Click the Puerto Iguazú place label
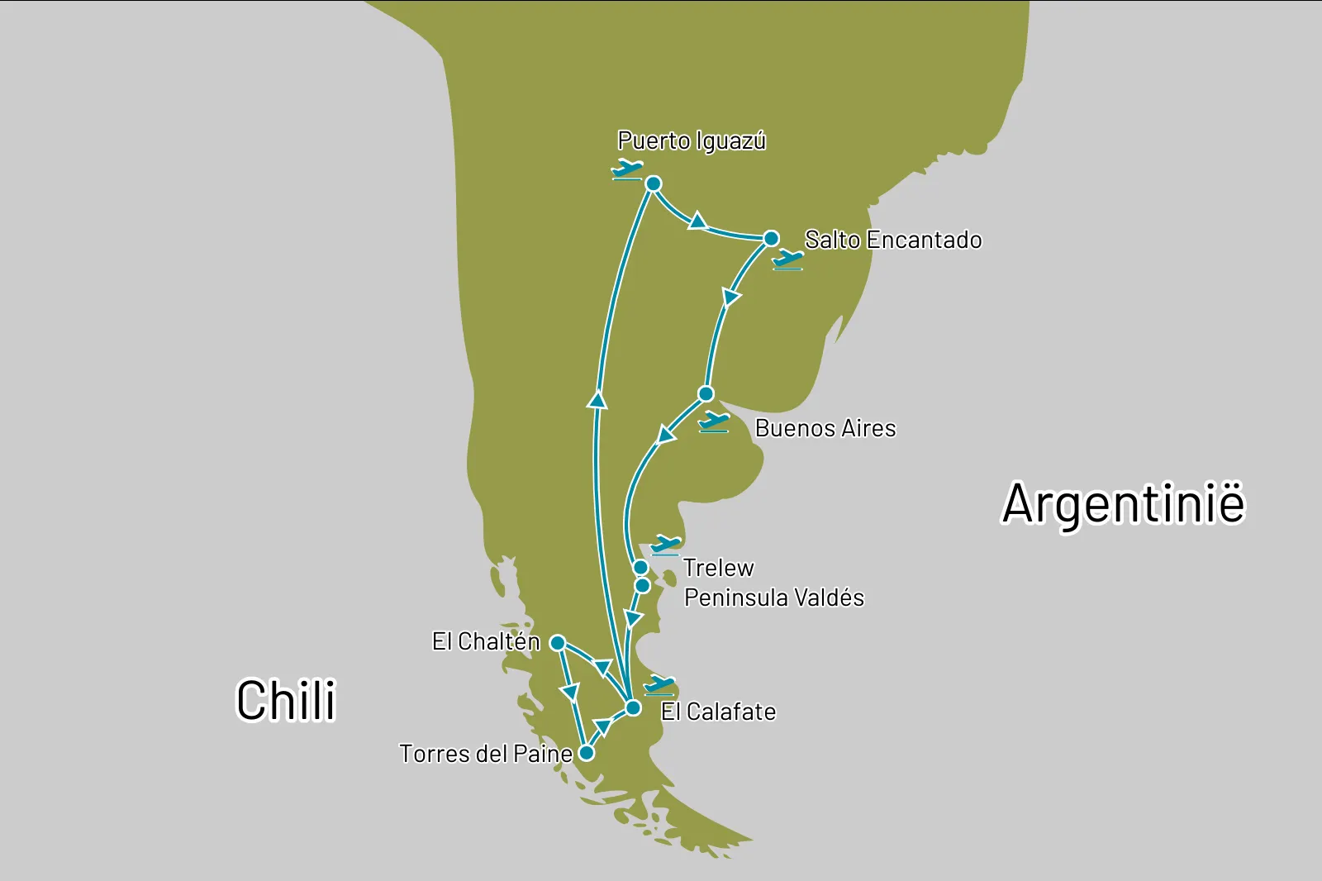pos(692,141)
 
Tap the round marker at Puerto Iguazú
pos(653,183)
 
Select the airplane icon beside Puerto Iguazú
pos(627,169)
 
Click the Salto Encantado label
pos(893,240)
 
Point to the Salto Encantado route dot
pos(771,239)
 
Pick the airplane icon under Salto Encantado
pos(787,260)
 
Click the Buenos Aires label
pos(825,428)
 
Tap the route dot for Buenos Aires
pos(706,393)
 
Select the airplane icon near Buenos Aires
pos(714,422)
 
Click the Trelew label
pos(718,568)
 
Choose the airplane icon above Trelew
pos(665,545)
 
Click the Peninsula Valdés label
pos(774,598)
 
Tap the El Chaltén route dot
pos(558,643)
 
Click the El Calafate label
pos(718,712)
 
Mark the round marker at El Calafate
pos(632,708)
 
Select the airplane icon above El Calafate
pos(659,684)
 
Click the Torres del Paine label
pos(486,754)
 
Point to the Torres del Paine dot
pos(586,753)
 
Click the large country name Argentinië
pos(1123,503)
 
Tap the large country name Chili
pos(287,700)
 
